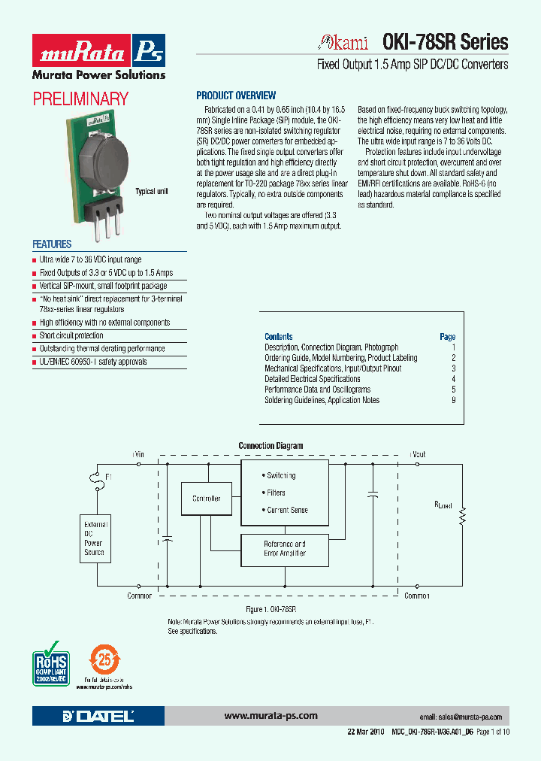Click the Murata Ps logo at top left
point(98,53)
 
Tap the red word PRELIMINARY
point(80,99)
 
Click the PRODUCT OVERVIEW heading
point(236,96)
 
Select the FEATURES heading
point(52,244)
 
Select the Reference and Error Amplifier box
point(285,548)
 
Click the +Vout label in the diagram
point(417,454)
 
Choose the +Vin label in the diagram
point(138,454)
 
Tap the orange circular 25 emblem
point(105,660)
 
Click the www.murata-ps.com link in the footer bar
point(270,716)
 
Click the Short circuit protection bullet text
point(71,335)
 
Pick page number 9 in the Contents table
point(454,400)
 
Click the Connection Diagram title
point(270,446)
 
